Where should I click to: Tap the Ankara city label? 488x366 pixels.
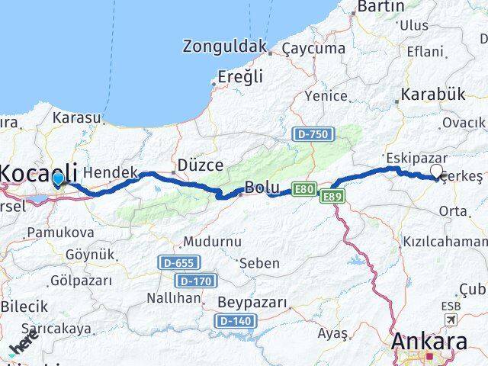429,341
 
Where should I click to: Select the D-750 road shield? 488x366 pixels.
311,134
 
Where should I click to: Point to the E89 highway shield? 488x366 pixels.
332,197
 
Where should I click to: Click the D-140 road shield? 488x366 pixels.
235,321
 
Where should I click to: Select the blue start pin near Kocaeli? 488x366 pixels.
59,179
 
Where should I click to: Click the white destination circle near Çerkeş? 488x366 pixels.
437,172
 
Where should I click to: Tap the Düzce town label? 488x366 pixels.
200,165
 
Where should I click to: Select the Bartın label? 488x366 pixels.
380,7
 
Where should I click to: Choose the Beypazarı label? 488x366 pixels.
252,303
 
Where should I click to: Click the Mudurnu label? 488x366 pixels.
211,242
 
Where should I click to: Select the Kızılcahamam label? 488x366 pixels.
445,242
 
